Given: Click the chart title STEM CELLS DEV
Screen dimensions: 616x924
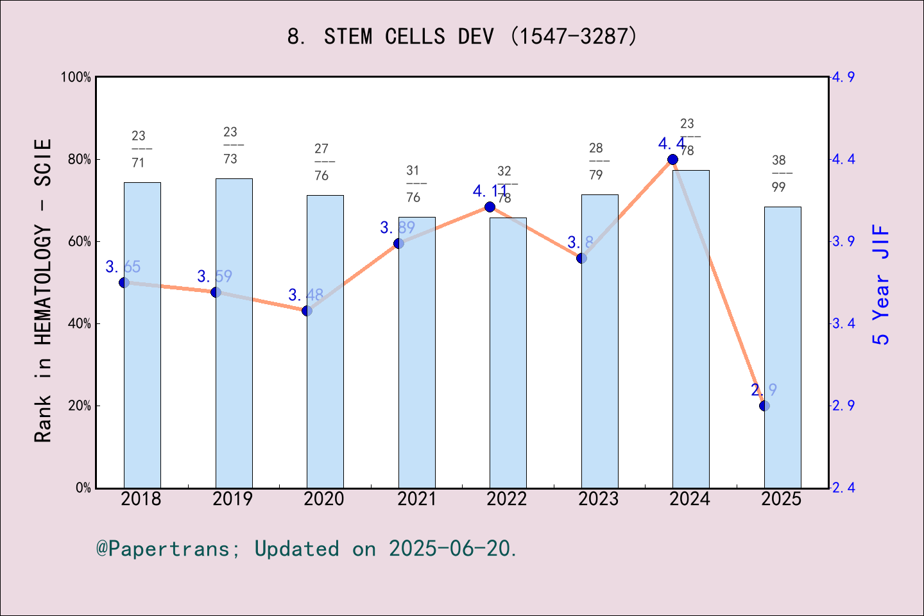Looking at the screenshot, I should coord(462,37).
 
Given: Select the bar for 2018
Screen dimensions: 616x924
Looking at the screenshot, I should coord(142,335).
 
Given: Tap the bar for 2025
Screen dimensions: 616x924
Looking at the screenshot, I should coord(782,347).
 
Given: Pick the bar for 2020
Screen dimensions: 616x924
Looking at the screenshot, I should coord(325,341).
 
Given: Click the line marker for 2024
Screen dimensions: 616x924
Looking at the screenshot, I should coord(672,159).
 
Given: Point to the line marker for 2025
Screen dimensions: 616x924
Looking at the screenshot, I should coord(764,406).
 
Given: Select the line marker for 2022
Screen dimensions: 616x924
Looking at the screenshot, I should coord(490,207).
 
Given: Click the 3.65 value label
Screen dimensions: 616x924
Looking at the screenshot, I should coord(123,267).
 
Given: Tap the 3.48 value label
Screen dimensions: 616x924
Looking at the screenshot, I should coord(305,295).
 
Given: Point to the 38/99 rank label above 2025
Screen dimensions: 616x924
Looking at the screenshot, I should coord(779,173).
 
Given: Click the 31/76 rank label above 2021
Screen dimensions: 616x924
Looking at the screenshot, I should coord(413,184).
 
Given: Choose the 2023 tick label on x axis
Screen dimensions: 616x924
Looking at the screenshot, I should coord(598,499).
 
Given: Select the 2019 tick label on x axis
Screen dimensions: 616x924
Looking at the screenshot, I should coord(232,499).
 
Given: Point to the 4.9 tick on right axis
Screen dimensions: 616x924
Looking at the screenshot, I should coord(843,77).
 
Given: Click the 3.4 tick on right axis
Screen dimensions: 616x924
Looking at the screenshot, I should coord(843,323).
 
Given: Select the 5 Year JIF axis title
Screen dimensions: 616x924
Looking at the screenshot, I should coord(881,284).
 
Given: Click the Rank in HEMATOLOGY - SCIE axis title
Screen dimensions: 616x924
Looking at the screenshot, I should coord(42,290).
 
